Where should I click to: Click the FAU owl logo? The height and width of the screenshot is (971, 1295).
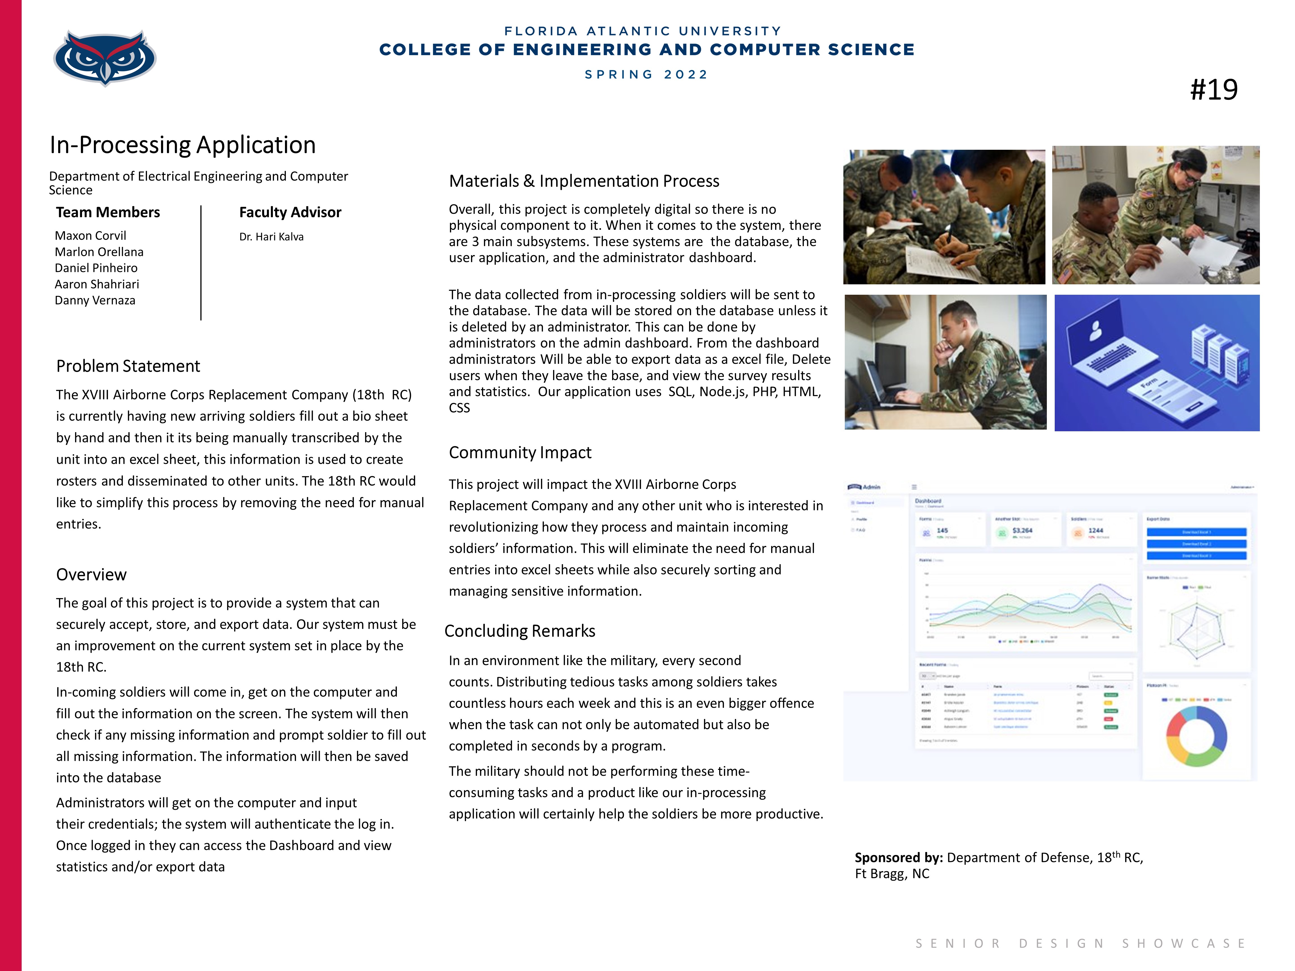pos(105,57)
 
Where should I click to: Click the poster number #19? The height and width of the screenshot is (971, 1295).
pos(1214,90)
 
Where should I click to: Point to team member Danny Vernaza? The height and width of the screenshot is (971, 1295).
pos(95,300)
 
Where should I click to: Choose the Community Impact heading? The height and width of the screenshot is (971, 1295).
pos(520,452)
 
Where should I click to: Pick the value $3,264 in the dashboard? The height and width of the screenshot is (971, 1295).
pos(1022,530)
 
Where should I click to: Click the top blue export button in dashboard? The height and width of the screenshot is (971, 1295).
pos(1196,532)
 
